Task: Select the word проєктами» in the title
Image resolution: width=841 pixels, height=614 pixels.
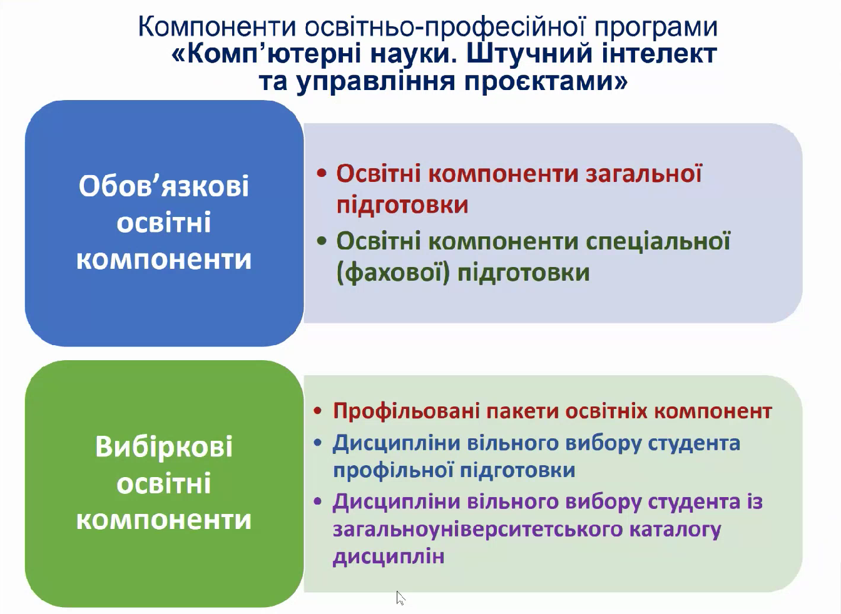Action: [x=546, y=81]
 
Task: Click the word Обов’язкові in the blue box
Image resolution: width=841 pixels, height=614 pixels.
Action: [x=164, y=186]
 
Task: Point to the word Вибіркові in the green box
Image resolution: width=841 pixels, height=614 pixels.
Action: [x=164, y=446]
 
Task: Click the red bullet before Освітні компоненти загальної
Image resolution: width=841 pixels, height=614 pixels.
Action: [x=322, y=173]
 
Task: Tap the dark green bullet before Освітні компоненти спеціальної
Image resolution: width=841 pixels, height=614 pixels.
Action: [x=322, y=241]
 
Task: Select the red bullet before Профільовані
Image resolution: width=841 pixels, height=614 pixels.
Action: [x=318, y=411]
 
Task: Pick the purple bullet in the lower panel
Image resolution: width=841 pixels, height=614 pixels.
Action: [x=318, y=501]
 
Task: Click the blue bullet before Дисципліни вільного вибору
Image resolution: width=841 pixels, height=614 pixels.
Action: [x=318, y=443]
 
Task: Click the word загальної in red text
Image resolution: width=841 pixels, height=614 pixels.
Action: [x=643, y=174]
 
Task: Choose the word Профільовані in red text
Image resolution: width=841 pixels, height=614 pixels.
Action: [x=406, y=411]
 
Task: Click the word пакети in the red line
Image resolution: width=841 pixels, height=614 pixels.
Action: [x=522, y=411]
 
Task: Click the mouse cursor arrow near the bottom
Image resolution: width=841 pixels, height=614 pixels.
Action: [x=400, y=598]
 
